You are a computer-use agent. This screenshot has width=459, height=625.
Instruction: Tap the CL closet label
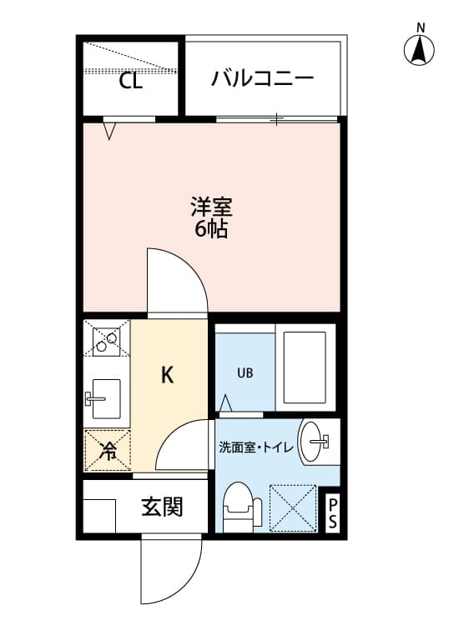tap(130, 81)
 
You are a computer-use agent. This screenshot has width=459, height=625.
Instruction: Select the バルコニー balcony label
tap(262, 79)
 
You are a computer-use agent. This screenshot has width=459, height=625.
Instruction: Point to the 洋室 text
tap(211, 206)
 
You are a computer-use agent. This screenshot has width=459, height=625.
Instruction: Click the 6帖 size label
tap(211, 229)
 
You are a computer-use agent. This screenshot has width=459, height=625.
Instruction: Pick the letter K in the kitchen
tap(167, 376)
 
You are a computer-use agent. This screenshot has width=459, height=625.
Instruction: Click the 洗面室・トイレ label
tap(255, 447)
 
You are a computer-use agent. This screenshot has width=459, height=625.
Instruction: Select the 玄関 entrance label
tap(162, 506)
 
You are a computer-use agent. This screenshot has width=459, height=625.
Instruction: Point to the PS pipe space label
tap(331, 514)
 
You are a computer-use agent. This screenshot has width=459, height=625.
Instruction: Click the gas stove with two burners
tap(106, 340)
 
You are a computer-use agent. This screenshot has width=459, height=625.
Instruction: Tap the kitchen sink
tap(104, 397)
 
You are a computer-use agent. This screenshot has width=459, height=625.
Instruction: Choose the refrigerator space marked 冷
tap(108, 451)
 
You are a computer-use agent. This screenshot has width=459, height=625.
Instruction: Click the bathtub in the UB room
tap(305, 367)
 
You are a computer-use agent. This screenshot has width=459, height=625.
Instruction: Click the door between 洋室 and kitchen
tap(174, 282)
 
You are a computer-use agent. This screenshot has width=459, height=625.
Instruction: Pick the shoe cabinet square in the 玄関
tap(98, 515)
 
